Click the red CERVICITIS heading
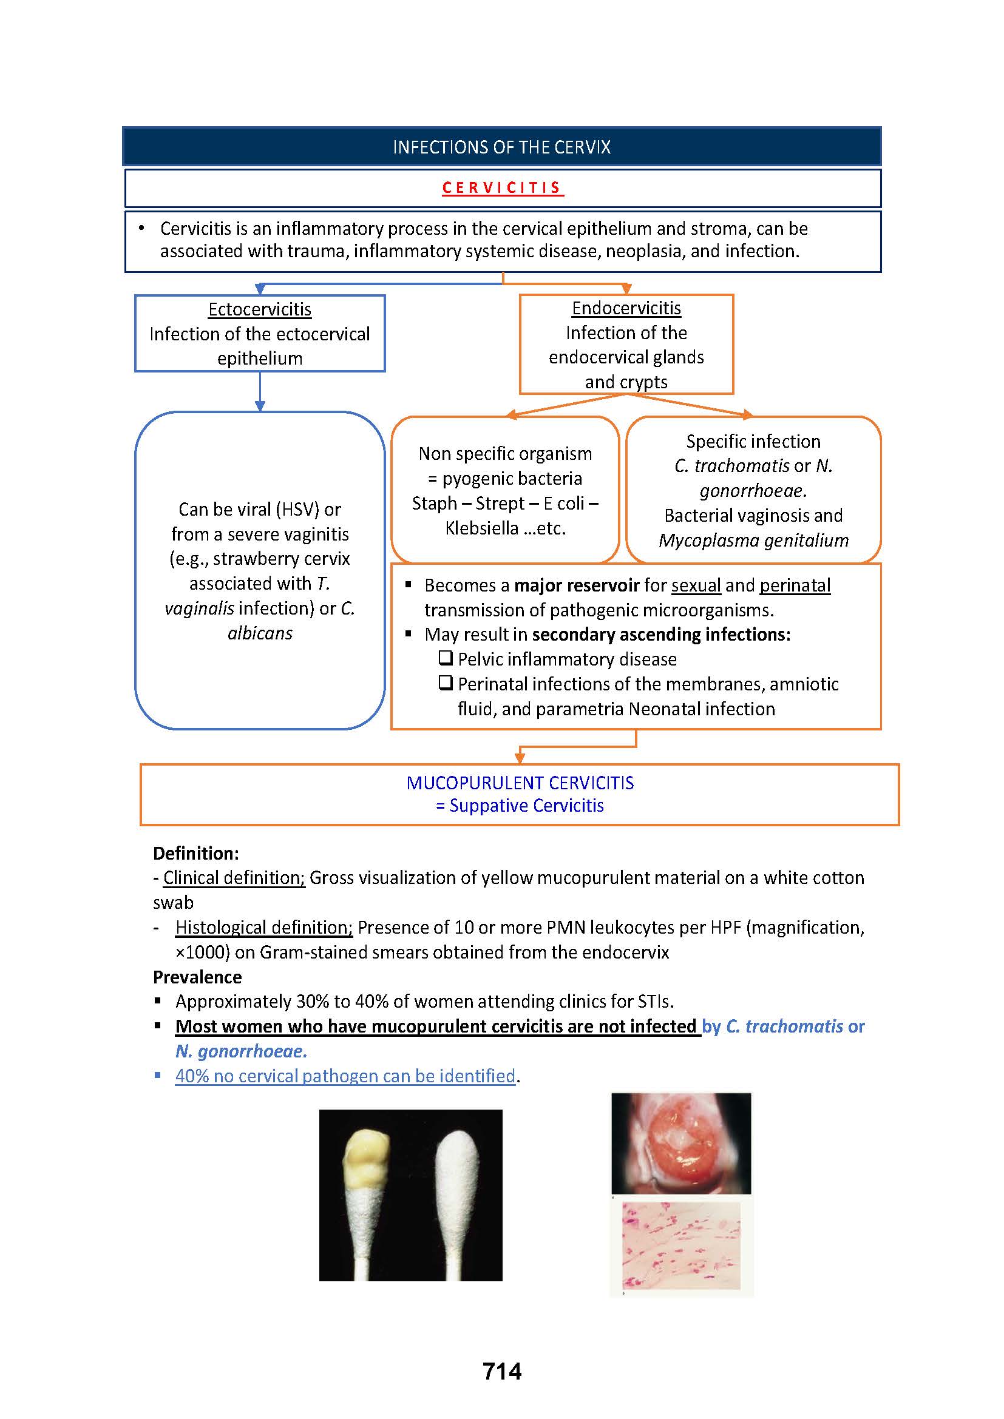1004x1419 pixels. point(502,187)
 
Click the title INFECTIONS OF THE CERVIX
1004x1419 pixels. point(502,147)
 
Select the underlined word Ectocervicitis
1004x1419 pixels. point(260,309)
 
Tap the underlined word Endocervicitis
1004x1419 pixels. point(626,308)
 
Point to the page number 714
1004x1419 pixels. point(502,1371)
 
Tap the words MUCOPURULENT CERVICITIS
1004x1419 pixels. point(520,783)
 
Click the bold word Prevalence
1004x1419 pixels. point(197,977)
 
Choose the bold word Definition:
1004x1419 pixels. point(196,854)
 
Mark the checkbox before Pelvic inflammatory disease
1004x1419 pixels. point(446,658)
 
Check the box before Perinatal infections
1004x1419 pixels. point(446,683)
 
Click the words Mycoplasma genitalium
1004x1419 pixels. point(754,540)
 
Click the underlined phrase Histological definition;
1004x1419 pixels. point(264,928)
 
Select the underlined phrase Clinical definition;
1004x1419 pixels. point(234,878)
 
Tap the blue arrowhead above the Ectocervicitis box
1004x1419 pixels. point(260,289)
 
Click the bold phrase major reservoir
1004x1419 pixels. point(577,585)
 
